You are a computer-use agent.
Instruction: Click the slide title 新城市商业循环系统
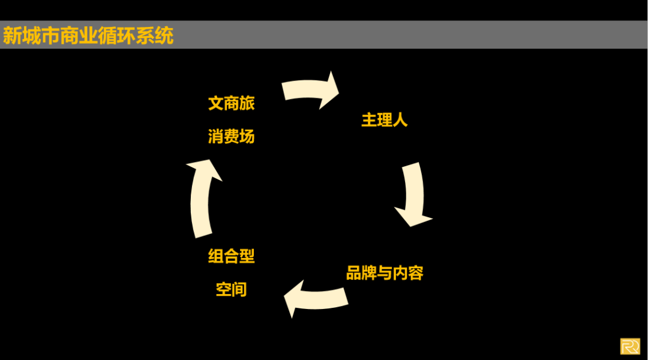[x=88, y=35]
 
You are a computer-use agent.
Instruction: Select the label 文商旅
[x=232, y=103]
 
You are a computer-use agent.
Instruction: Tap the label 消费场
[x=232, y=137]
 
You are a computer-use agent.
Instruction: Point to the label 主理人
[x=385, y=120]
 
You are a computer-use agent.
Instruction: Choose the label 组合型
[x=232, y=257]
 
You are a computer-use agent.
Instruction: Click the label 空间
[x=232, y=290]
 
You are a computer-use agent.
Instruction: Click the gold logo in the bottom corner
[x=630, y=347]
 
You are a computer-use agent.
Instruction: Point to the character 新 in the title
[x=12, y=35]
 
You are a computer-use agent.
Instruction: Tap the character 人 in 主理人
[x=400, y=120]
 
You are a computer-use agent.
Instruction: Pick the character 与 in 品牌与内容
[x=385, y=274]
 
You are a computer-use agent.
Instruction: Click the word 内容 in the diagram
[x=408, y=274]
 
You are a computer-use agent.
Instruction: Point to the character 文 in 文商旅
[x=216, y=103]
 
